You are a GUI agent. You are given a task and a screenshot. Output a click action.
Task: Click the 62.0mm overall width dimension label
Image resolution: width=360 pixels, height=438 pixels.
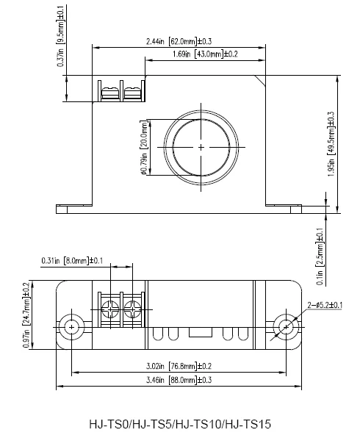pos(179,42)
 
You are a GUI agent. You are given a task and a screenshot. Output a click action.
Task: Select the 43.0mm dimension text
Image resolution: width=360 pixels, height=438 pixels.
pos(205,54)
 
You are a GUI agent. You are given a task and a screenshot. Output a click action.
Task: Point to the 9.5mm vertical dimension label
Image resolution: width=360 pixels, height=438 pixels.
pos(60,36)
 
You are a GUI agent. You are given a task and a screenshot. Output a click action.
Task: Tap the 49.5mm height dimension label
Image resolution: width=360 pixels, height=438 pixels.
pos(331,144)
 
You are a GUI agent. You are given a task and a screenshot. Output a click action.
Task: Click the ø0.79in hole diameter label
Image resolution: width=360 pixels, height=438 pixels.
pos(144,148)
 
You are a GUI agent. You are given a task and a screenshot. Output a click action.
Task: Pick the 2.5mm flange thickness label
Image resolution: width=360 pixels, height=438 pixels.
pos(320,256)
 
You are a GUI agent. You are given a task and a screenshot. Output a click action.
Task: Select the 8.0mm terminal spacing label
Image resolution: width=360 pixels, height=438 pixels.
pos(72,261)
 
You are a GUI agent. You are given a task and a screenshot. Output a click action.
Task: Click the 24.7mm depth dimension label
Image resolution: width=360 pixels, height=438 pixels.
pos(26,315)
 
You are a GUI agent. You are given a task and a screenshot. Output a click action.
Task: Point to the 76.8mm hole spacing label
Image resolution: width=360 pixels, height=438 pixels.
pos(179,366)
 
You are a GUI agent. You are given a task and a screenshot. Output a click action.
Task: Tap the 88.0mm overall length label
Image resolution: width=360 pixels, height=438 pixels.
pos(179,380)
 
